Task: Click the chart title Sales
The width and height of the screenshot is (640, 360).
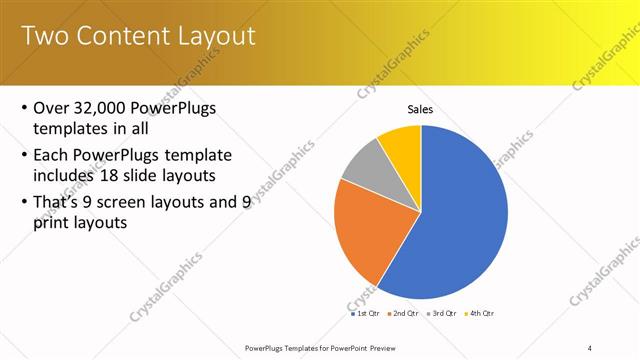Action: tap(420, 109)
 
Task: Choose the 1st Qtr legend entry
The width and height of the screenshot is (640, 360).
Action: tap(364, 313)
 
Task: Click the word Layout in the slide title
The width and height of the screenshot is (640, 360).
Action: tap(220, 36)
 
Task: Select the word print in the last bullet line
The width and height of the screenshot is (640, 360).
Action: tap(54, 224)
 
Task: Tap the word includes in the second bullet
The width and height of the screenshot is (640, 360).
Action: tap(66, 178)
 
